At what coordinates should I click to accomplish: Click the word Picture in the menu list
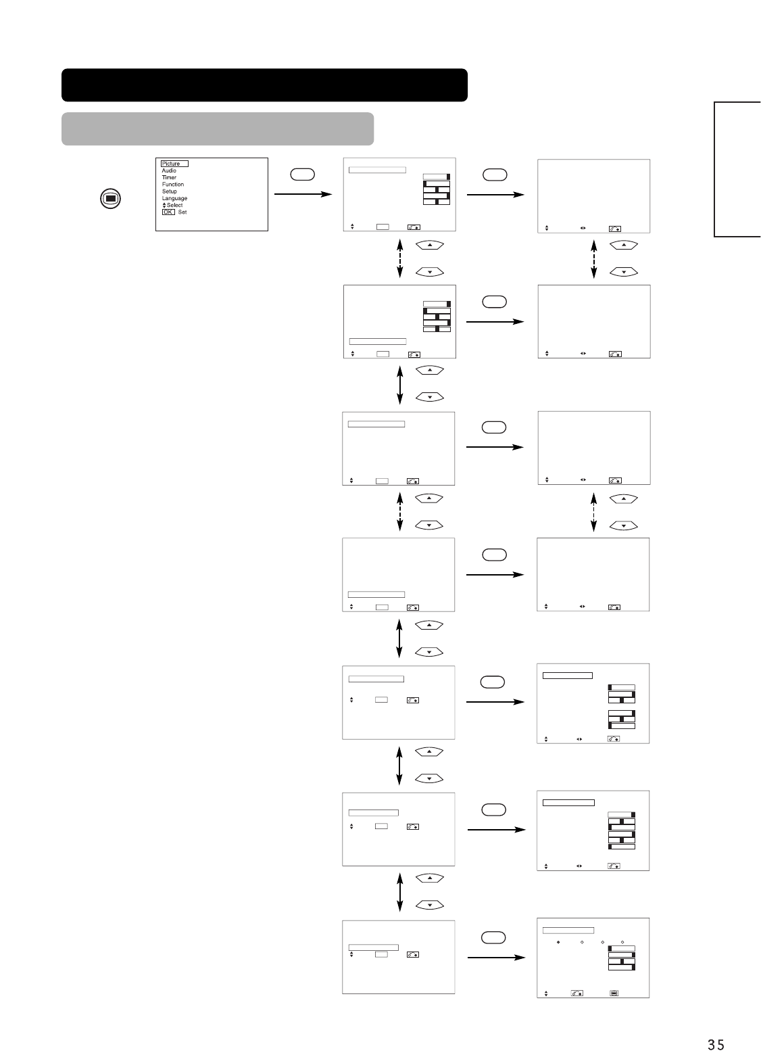(171, 164)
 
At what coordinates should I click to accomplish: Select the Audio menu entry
(169, 170)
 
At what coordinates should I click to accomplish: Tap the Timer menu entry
(169, 177)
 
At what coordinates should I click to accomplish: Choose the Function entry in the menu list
(172, 184)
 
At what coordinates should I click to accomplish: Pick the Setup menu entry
(169, 191)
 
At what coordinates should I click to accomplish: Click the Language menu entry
(174, 198)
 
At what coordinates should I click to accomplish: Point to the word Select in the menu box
(174, 205)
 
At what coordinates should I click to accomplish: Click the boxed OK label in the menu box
(168, 212)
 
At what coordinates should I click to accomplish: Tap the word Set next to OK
(182, 212)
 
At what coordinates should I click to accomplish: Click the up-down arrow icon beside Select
(164, 205)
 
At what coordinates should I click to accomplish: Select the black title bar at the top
(264, 85)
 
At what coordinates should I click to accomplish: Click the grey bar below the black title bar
(217, 128)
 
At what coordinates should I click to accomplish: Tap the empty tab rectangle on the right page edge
(737, 169)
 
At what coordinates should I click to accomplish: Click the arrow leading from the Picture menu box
(302, 194)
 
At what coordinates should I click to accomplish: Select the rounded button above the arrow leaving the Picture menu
(302, 174)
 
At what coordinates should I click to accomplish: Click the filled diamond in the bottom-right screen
(558, 941)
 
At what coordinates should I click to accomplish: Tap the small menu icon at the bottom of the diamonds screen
(614, 993)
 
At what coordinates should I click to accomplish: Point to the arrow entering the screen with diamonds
(495, 957)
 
